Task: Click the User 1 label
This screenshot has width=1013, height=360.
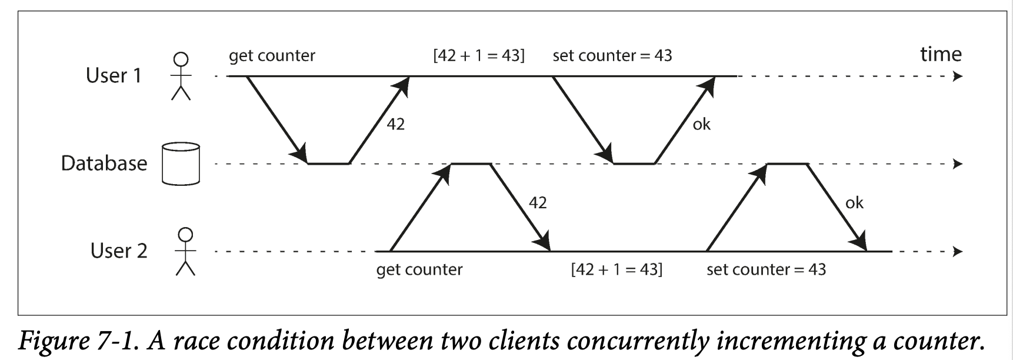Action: click(114, 75)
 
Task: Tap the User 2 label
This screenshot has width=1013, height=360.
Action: click(118, 251)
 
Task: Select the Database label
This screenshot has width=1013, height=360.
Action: click(104, 163)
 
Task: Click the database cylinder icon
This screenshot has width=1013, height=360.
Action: click(181, 163)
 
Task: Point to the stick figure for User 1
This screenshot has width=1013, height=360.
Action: click(181, 76)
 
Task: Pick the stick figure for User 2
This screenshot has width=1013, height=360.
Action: click(185, 251)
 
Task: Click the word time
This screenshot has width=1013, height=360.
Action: click(941, 54)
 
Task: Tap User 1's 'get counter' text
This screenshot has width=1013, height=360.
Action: click(272, 55)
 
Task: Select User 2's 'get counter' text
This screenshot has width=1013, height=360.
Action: click(419, 269)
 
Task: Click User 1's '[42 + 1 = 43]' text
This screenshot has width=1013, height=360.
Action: click(479, 55)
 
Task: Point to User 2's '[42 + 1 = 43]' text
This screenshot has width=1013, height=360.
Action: click(617, 269)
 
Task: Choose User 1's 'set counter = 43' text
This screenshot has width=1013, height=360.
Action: click(612, 55)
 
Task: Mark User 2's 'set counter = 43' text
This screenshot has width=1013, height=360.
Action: click(766, 269)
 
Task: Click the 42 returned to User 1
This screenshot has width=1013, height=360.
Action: click(395, 124)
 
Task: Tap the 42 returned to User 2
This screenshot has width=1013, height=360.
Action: click(538, 203)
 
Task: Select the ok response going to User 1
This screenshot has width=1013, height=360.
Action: click(701, 124)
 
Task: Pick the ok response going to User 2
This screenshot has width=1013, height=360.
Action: click(854, 203)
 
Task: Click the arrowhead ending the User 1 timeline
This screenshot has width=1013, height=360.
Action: click(958, 76)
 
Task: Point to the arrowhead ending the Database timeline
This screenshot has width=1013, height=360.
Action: click(958, 164)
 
